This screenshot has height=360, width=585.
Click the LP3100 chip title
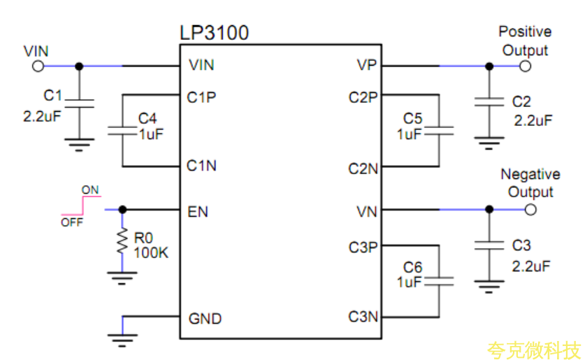[x=214, y=33]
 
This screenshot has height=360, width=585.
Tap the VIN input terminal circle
[x=38, y=66]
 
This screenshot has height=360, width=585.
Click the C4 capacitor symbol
[x=122, y=130]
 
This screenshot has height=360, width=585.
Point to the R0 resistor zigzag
[x=122, y=240]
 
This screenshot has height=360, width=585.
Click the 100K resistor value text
[x=151, y=252]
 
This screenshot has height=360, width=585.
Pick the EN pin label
[x=198, y=210]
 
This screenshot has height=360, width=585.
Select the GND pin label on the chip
[x=205, y=319]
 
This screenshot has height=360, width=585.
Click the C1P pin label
[x=201, y=97]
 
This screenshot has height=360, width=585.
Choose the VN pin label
[x=366, y=210]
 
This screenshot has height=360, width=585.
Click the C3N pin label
[x=363, y=317]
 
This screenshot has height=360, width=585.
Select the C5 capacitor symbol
[x=439, y=130]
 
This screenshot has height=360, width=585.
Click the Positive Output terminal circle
[x=526, y=66]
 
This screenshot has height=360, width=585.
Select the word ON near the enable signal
[x=90, y=189]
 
